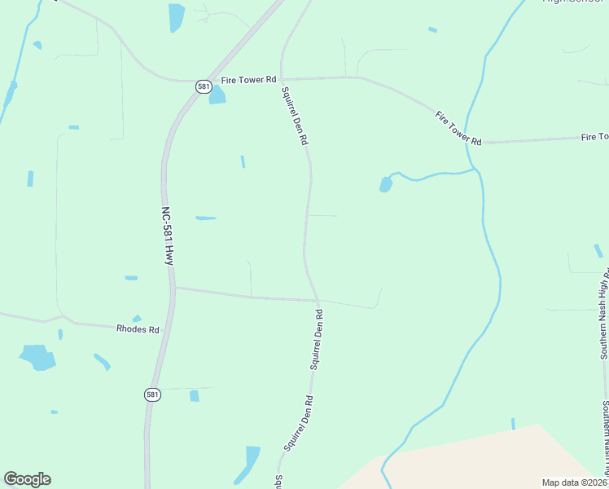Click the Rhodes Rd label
(x=138, y=328)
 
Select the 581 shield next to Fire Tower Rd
(x=204, y=86)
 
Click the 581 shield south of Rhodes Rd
(x=151, y=394)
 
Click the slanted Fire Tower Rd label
(x=458, y=128)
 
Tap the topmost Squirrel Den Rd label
(x=295, y=116)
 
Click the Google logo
(x=27, y=479)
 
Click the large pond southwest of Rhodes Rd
(x=37, y=356)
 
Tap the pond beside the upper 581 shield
(x=217, y=95)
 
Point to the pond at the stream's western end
(x=386, y=185)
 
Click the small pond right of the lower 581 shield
(x=194, y=396)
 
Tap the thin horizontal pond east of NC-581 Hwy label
(x=206, y=218)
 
